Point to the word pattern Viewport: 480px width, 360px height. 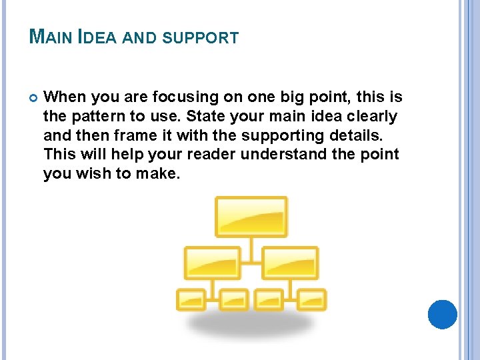92,117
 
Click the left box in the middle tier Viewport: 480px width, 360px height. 213,263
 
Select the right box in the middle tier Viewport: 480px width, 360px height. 290,263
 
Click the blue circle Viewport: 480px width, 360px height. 442,315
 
